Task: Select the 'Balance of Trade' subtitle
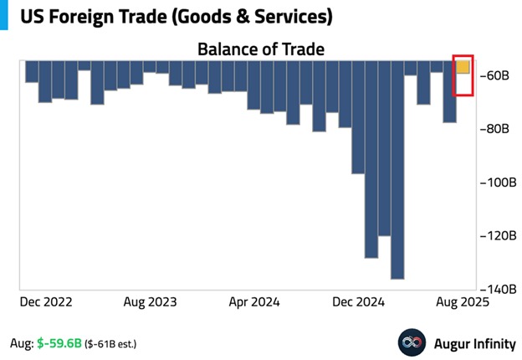(x=260, y=49)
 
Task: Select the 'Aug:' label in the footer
(x=21, y=343)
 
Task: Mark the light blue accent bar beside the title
(x=3, y=15)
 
